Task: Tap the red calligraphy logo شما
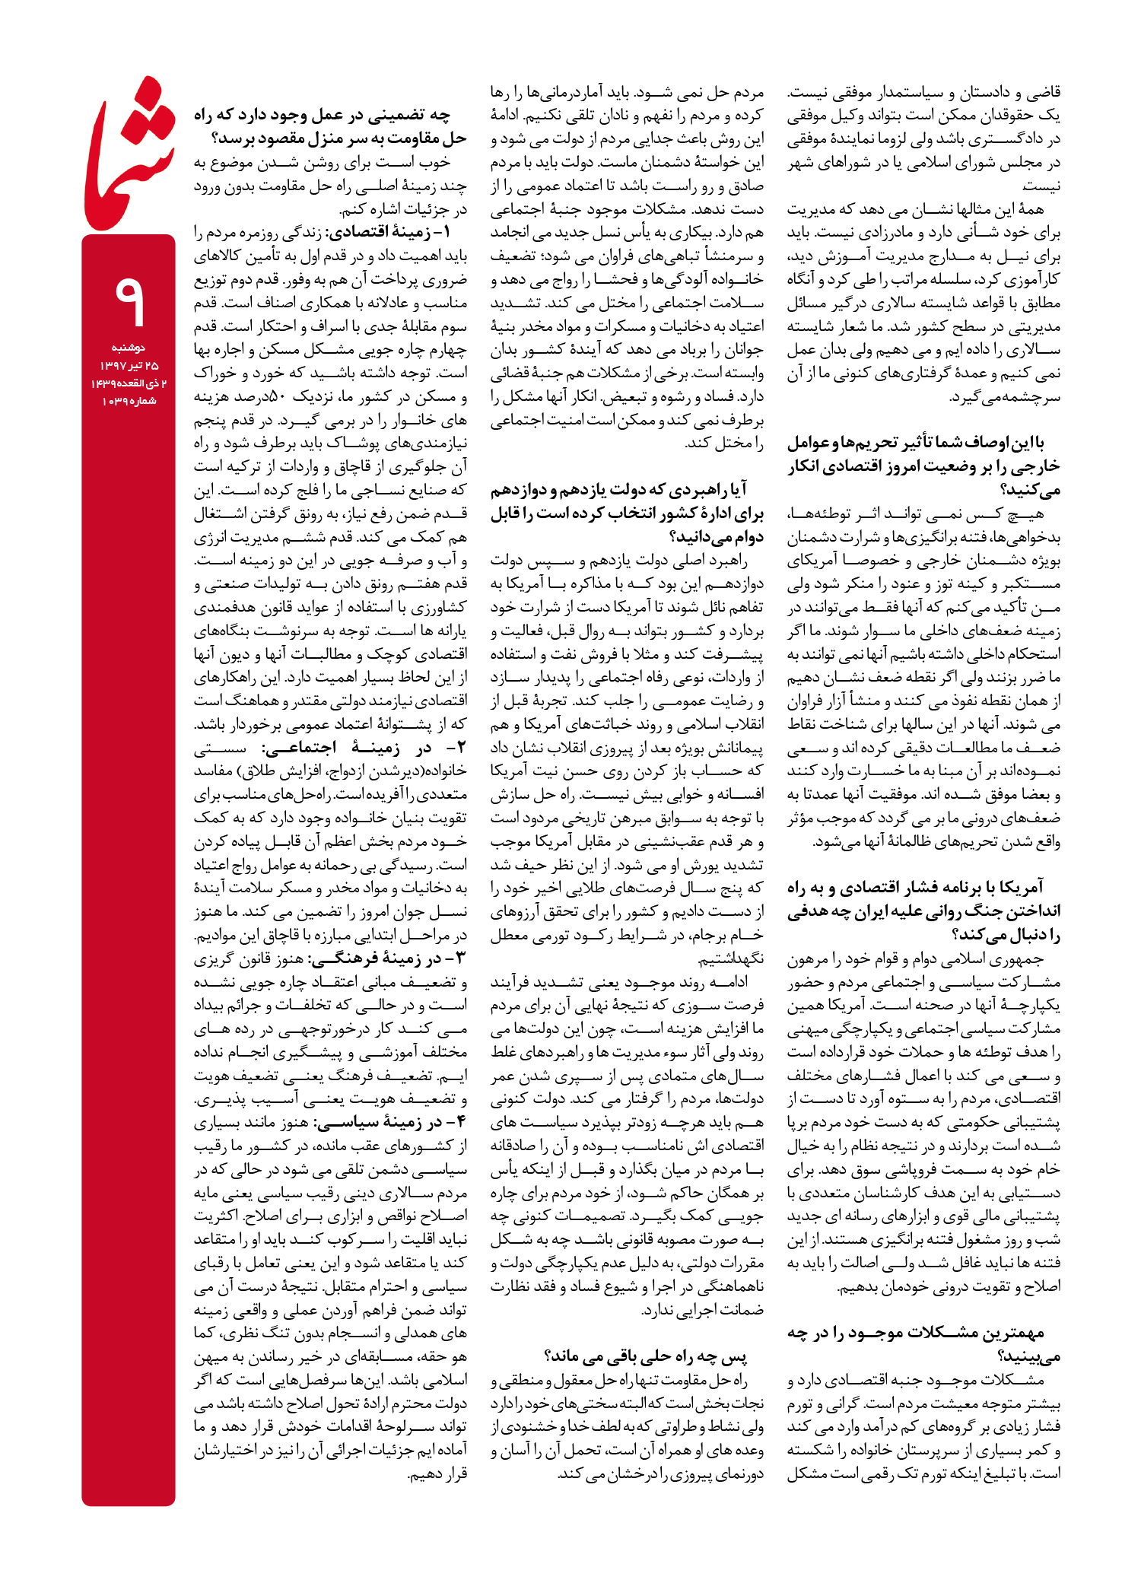pos(128,156)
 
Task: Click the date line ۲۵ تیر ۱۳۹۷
pos(129,366)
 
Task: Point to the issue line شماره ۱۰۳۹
pos(129,401)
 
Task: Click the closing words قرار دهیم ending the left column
pos(437,1474)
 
